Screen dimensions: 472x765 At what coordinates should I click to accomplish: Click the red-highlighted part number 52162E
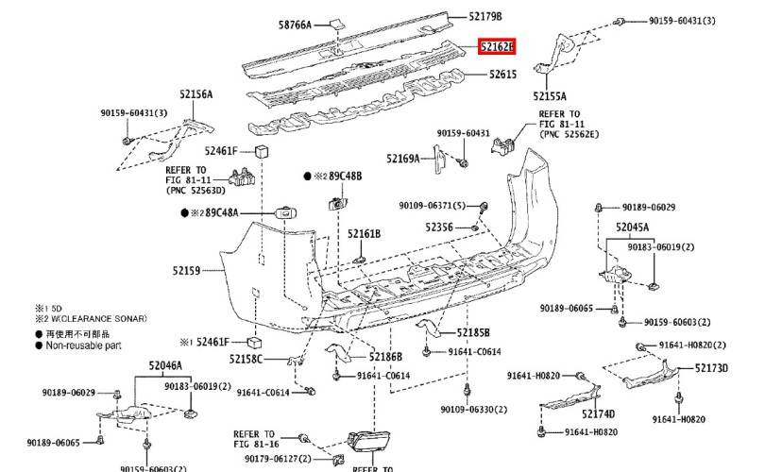pyautogui.click(x=497, y=45)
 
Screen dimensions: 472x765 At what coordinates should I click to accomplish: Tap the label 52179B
pyautogui.click(x=485, y=17)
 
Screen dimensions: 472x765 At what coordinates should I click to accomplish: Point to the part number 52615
pyautogui.click(x=501, y=73)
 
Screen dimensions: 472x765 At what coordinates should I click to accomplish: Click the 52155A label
pyautogui.click(x=550, y=96)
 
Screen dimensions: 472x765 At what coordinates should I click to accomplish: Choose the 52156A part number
pyautogui.click(x=196, y=94)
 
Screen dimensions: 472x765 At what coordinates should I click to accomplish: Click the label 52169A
pyautogui.click(x=402, y=159)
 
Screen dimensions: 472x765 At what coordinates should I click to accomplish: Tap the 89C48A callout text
pyautogui.click(x=222, y=213)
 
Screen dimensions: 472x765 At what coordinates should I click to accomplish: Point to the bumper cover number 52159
pyautogui.click(x=186, y=271)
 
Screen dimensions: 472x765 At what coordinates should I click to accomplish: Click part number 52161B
pyautogui.click(x=363, y=234)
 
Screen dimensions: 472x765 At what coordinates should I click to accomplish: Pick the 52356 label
pyautogui.click(x=439, y=227)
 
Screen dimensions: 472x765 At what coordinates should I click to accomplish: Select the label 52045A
pyautogui.click(x=632, y=227)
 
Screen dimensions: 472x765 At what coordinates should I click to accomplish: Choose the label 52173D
pyautogui.click(x=712, y=367)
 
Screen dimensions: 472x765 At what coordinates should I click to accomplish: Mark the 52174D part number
pyautogui.click(x=598, y=413)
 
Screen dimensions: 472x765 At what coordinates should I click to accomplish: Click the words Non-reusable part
pyautogui.click(x=84, y=345)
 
